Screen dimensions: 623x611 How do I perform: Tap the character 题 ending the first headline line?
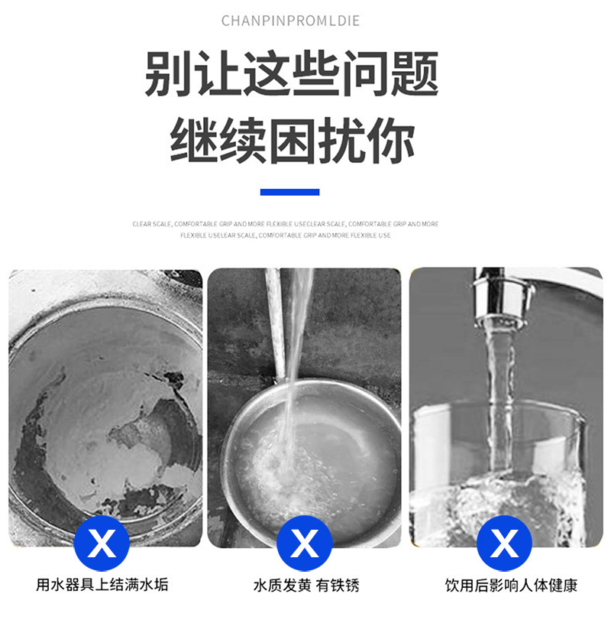pos(414,74)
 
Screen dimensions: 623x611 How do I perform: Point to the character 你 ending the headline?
pos(390,141)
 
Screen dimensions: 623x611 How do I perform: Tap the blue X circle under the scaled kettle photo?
pos(102,544)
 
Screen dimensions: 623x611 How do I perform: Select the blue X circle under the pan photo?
pos(305,544)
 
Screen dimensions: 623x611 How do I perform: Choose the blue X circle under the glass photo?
pos(504,544)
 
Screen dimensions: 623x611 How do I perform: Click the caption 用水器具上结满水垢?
pos(102,586)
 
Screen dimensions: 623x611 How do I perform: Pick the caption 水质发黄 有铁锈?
pos(305,586)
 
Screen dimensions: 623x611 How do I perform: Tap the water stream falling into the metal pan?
pos(294,359)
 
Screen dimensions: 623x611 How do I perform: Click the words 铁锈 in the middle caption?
pos(346,586)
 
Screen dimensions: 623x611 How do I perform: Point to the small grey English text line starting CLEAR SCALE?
pos(286,224)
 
